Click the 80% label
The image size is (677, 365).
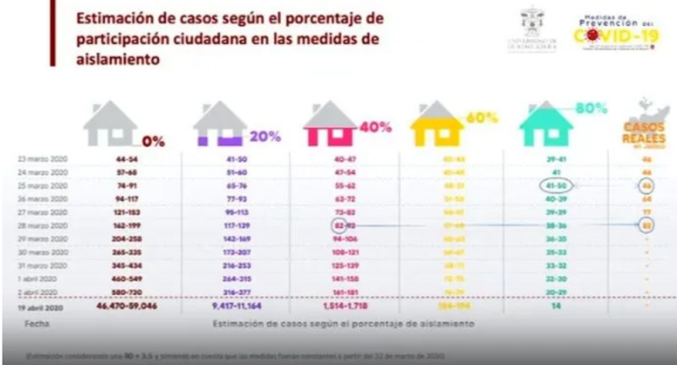tap(593, 109)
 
